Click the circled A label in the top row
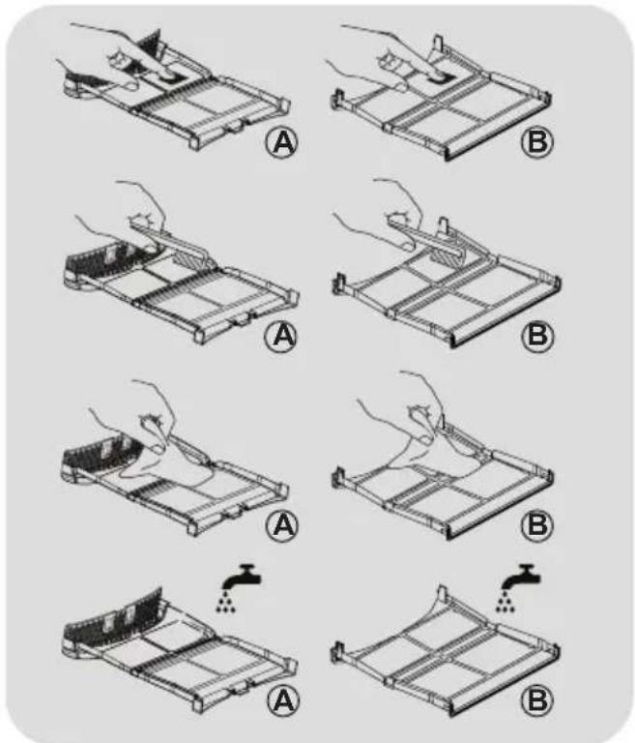click(281, 141)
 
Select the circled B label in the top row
click(537, 141)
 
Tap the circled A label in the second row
click(281, 336)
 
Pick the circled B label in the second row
click(537, 336)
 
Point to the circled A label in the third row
click(282, 524)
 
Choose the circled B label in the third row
click(537, 524)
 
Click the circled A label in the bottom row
click(283, 699)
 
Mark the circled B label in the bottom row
click(537, 699)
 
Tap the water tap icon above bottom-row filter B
click(521, 577)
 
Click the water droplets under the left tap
click(226, 602)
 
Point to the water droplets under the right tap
click(505, 602)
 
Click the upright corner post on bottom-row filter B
click(442, 592)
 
